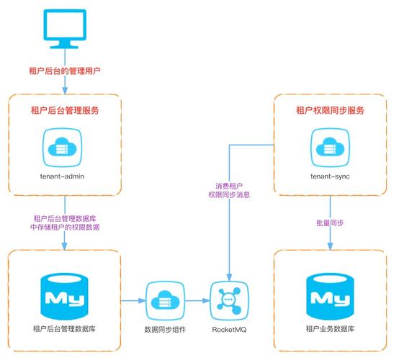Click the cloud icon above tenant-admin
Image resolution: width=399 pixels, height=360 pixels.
[64, 146]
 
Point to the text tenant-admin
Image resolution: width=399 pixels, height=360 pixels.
[64, 175]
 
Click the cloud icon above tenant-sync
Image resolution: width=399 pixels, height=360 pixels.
[330, 146]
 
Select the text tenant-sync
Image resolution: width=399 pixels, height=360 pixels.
[330, 175]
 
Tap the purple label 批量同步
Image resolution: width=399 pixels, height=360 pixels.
[330, 223]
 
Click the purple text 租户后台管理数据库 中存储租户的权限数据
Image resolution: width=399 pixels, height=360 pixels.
[66, 222]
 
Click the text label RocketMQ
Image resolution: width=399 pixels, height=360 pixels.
[228, 329]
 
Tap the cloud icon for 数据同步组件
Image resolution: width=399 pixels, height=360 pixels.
[166, 299]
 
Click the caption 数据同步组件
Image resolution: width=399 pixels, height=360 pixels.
[166, 329]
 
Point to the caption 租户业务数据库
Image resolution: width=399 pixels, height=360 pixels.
[330, 329]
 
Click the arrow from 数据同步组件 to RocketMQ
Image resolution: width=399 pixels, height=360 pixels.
[197, 299]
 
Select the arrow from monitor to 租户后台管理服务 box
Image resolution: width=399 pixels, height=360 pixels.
[66, 85]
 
